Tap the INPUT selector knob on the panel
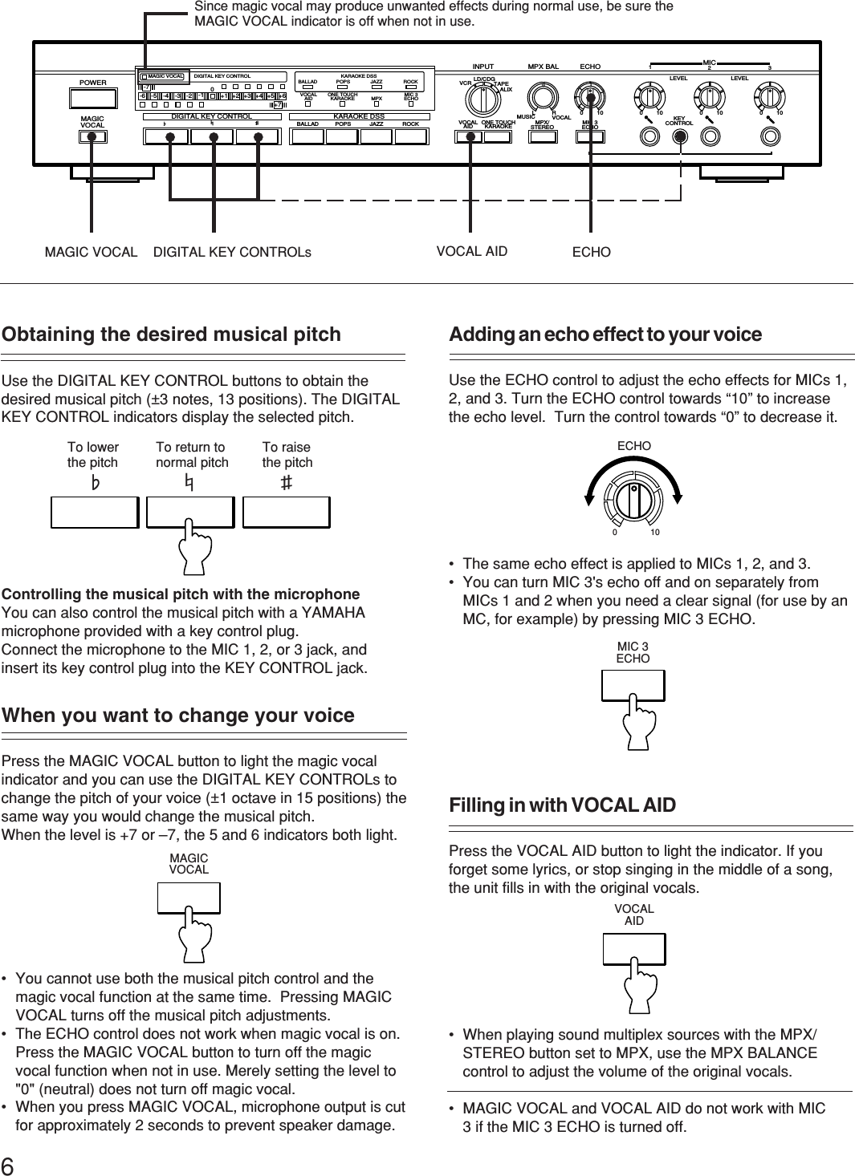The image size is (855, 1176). tap(482, 100)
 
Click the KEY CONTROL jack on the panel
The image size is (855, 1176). tap(680, 136)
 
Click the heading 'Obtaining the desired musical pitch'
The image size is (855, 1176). tap(172, 335)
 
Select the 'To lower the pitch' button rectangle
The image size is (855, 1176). tap(95, 512)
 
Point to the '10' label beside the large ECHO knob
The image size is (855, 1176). tap(655, 533)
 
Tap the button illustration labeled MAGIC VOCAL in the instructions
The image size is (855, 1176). tap(189, 897)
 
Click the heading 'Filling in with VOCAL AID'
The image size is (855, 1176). tap(563, 805)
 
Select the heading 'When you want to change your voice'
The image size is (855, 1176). tap(178, 716)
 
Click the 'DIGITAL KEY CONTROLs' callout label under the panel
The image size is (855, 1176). tap(233, 252)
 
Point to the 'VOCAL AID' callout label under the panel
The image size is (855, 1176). tap(472, 251)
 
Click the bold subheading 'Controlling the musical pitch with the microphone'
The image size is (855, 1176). tap(181, 594)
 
